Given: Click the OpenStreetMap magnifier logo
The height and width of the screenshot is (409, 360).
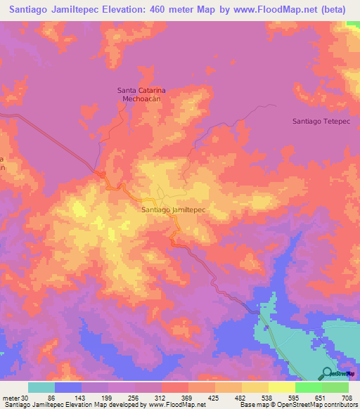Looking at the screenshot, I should [x=327, y=373].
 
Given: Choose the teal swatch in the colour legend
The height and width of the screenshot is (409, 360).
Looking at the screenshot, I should [x=41, y=387].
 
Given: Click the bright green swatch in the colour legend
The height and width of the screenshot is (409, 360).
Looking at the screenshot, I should [x=308, y=387].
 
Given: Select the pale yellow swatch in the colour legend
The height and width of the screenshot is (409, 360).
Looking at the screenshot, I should [x=281, y=387].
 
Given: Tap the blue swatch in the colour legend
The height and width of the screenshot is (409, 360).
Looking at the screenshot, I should [x=68, y=387].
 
